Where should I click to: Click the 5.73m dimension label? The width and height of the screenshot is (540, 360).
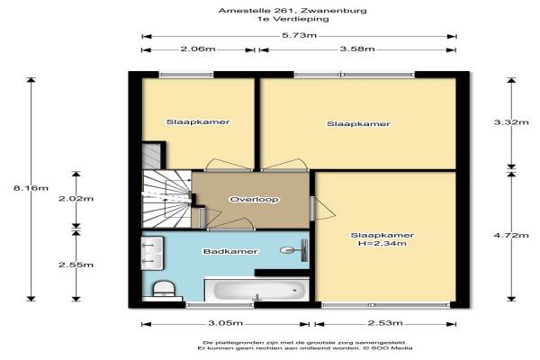299,35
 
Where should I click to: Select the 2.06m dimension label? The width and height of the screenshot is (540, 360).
198,49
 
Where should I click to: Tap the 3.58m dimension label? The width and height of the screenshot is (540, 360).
357,49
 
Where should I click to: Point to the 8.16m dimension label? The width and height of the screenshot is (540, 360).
31,188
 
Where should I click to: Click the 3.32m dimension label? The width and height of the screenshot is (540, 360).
511,122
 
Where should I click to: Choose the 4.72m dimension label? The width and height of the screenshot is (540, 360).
511,235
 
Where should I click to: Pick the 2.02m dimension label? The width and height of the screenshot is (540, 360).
76,198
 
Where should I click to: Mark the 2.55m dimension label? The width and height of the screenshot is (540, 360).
76,265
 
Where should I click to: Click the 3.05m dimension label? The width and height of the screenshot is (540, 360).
226,323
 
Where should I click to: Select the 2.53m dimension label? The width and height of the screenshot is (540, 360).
385,323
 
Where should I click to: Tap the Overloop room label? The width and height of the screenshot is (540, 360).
254,200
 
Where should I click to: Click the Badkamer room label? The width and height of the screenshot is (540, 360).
230,251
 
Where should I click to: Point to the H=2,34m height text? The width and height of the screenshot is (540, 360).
382,244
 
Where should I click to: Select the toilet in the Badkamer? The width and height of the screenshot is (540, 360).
164,290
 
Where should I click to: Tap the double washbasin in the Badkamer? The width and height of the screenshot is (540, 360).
152,253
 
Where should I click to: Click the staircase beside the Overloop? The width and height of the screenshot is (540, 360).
167,199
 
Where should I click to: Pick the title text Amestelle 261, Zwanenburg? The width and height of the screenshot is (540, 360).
292,10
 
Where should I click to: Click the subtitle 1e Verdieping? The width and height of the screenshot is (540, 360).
292,19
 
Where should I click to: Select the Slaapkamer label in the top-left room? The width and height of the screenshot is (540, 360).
198,122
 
